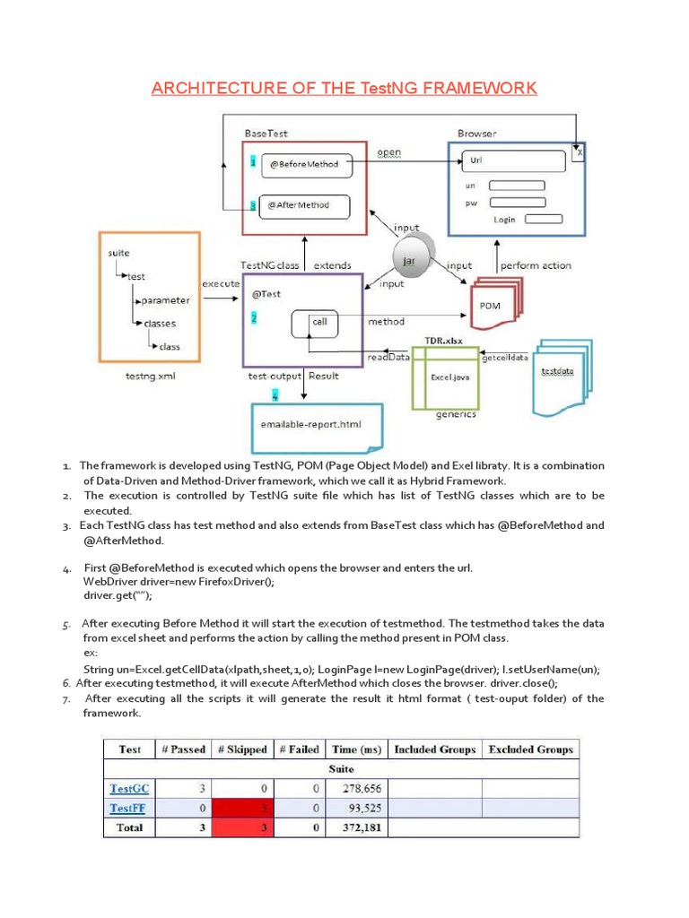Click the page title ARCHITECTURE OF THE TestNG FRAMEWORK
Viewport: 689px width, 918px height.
click(344, 87)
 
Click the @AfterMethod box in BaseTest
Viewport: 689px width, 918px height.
click(305, 205)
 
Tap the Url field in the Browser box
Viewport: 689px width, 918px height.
click(514, 161)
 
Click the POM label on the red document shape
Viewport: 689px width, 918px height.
click(490, 306)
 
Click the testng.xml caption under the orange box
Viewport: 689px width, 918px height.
click(150, 377)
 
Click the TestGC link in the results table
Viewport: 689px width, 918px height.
click(129, 789)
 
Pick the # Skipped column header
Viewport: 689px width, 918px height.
click(241, 749)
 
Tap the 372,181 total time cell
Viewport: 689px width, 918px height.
click(357, 827)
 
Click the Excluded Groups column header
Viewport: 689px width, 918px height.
click(530, 749)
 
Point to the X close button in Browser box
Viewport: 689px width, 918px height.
click(580, 152)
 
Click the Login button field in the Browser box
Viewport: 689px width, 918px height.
click(543, 219)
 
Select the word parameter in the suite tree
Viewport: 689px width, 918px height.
click(166, 300)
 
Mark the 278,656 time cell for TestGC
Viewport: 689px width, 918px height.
click(357, 789)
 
